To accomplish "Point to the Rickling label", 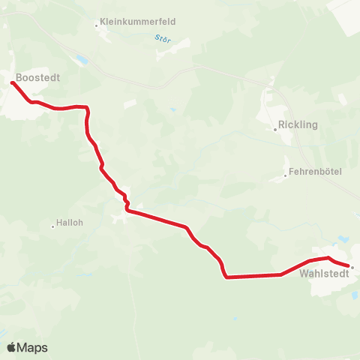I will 298,124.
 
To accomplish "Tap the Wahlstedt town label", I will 322,274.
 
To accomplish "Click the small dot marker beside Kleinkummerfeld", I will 97,25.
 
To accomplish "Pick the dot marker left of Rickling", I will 275,129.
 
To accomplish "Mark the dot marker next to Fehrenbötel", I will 286,176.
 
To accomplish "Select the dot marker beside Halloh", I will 53,225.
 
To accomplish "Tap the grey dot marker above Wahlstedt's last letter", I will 352,266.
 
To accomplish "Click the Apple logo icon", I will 12,347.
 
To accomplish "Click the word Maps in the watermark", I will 33,347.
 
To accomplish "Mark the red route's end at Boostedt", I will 13,82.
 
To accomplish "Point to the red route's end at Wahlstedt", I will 347,265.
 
